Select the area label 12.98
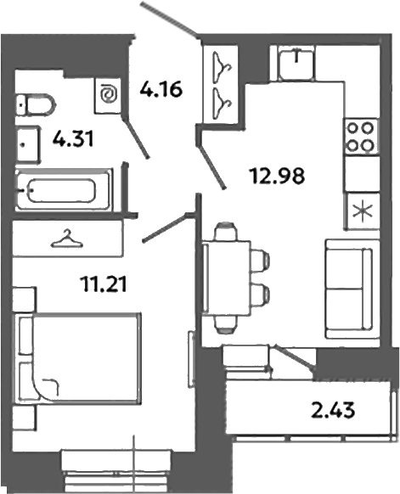pyautogui.click(x=277, y=177)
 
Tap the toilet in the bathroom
pyautogui.click(x=37, y=105)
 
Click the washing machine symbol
pyautogui.click(x=109, y=94)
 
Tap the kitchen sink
pyautogui.click(x=294, y=61)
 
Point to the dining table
pyautogui.click(x=228, y=277)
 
